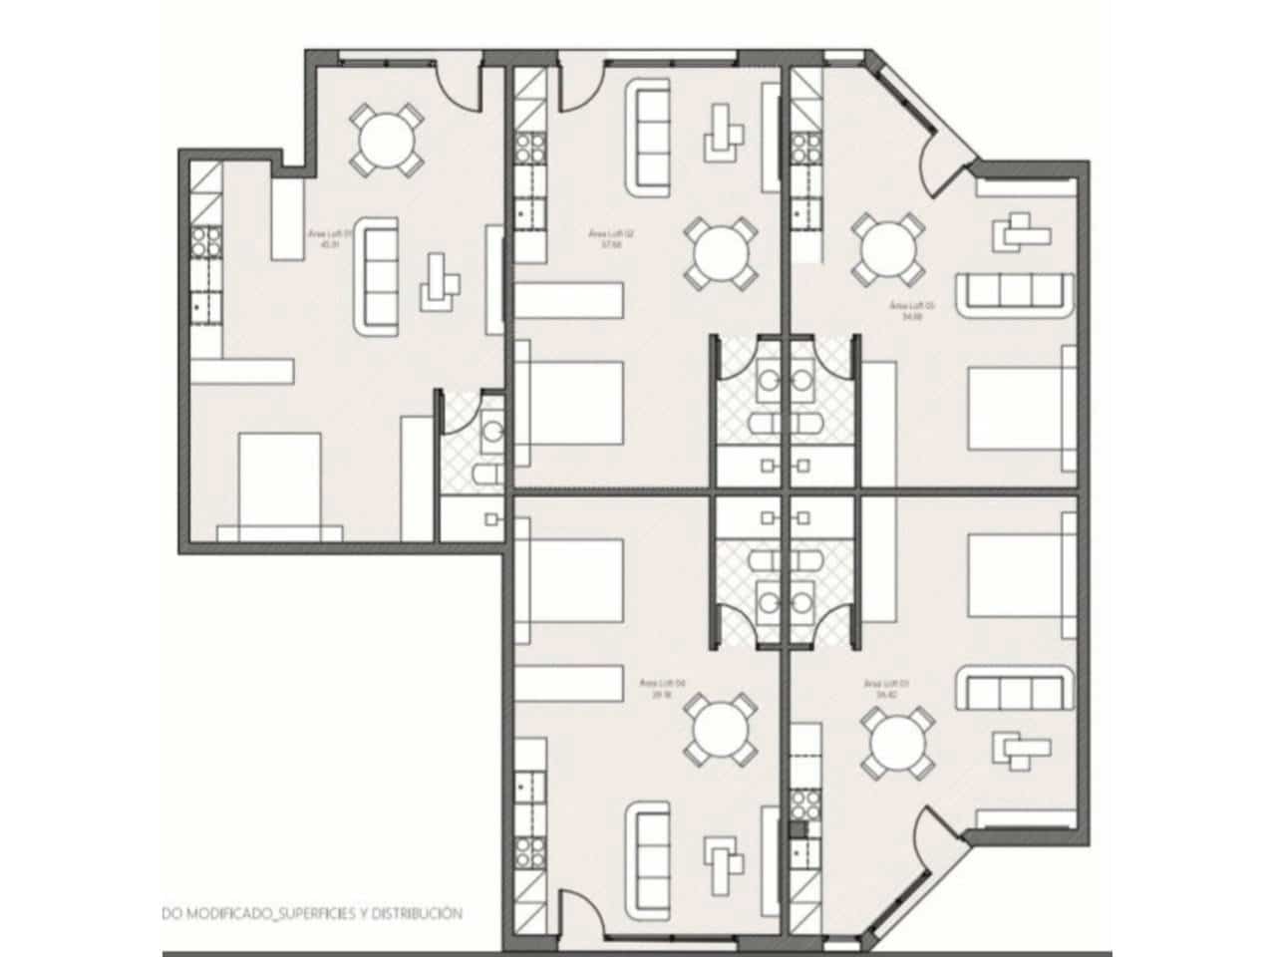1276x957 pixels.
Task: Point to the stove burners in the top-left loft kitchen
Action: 206,240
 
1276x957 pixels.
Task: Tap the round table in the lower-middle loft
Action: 718,733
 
